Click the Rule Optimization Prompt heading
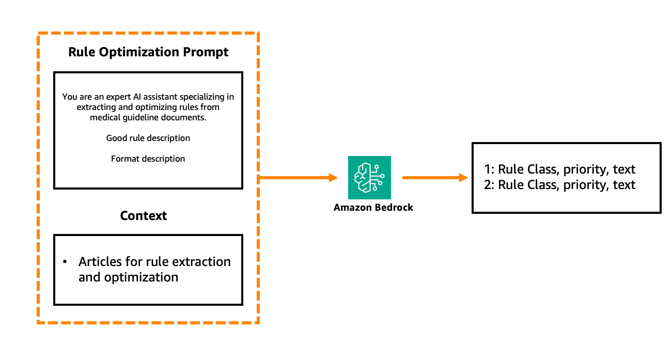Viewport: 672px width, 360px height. click(148, 52)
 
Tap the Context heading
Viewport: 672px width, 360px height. click(143, 215)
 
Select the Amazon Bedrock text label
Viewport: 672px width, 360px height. click(373, 208)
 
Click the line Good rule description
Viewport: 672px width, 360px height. click(148, 138)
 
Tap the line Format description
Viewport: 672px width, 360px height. click(148, 159)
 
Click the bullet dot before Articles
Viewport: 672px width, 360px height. click(65, 262)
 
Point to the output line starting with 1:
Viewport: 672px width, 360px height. click(559, 169)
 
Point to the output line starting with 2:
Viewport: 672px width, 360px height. click(559, 184)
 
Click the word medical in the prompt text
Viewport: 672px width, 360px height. click(104, 117)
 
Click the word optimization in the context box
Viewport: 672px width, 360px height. click(141, 277)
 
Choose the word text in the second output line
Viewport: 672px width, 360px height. click(624, 184)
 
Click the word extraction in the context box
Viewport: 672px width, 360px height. click(200, 261)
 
